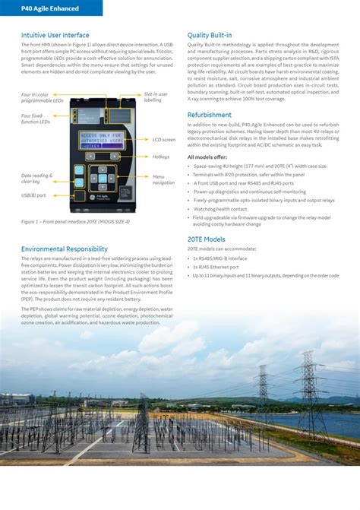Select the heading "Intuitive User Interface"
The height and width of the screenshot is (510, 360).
55,35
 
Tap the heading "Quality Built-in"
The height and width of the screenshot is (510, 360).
210,35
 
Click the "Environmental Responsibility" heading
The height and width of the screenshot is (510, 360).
65,249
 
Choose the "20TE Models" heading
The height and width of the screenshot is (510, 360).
206,239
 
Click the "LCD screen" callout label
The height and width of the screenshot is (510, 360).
163,140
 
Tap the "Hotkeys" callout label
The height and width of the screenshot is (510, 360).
160,157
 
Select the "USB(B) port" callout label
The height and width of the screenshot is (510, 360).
33,195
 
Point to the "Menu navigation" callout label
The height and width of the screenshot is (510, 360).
163,179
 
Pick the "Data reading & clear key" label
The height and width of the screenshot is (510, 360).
36,179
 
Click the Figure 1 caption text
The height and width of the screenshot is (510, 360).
75,222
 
